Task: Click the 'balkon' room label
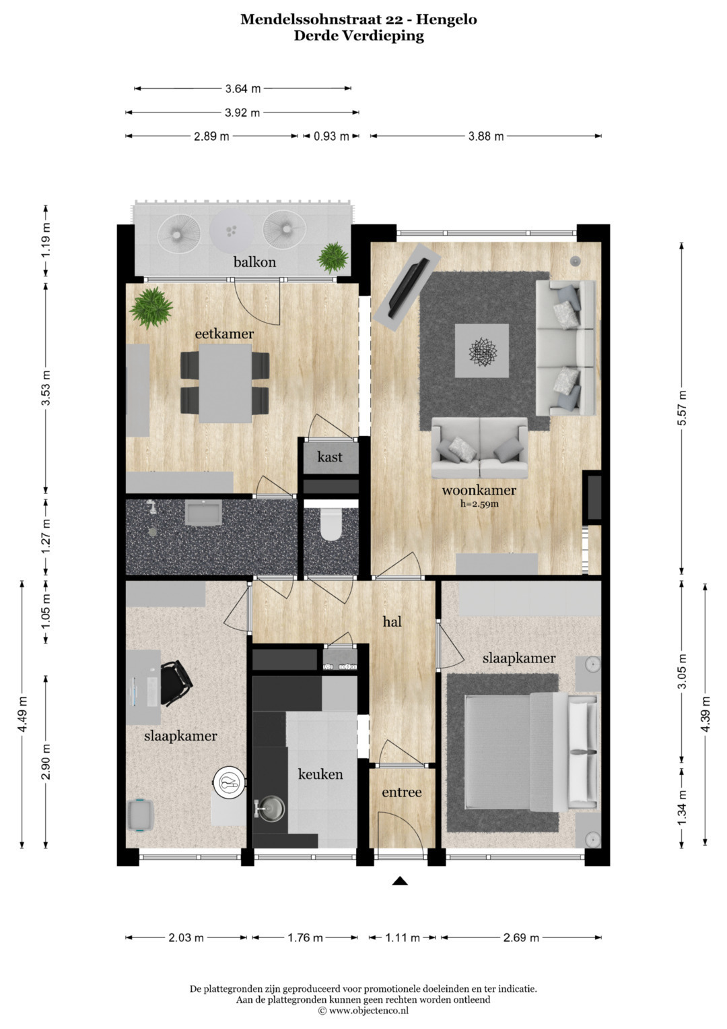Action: (254, 262)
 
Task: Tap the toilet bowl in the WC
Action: (331, 524)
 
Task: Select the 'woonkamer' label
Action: (479, 490)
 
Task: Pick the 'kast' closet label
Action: (330, 457)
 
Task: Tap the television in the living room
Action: (409, 288)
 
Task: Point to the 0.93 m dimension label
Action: (331, 136)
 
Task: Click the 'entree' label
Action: (402, 792)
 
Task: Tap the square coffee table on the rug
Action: (482, 351)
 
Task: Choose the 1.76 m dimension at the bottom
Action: (305, 937)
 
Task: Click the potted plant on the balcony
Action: (333, 257)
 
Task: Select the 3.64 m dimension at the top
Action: (243, 89)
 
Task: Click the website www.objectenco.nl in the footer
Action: (369, 1010)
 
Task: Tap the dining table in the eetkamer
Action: (226, 383)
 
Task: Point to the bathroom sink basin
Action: (203, 513)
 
